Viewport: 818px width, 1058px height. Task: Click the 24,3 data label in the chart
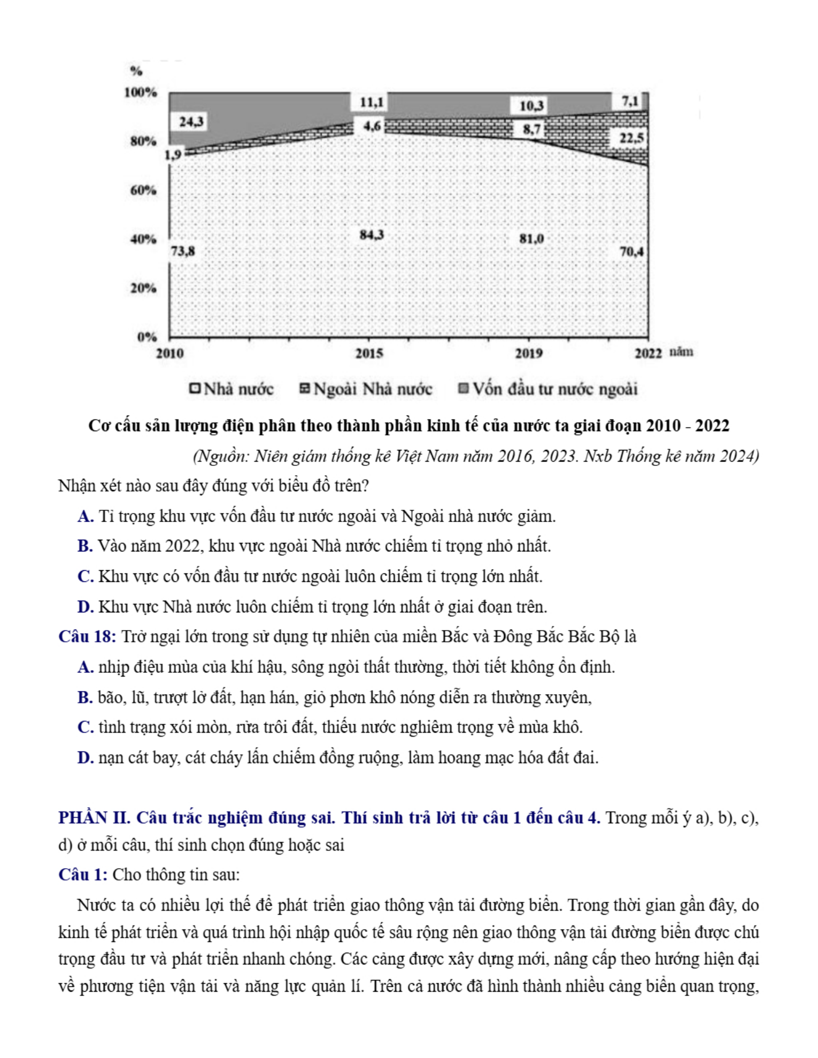(191, 122)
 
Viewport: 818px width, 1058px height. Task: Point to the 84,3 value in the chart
(372, 235)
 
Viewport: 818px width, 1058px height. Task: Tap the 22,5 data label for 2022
(631, 138)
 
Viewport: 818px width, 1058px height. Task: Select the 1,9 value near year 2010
(173, 155)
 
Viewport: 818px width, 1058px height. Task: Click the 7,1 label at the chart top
(630, 101)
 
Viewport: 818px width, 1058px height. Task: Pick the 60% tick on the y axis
(143, 190)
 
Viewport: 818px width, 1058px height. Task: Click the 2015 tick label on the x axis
(369, 353)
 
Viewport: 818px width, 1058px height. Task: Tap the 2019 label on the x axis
(529, 353)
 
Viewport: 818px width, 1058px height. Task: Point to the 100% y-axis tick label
(141, 92)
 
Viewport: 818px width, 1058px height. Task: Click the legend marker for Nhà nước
(195, 388)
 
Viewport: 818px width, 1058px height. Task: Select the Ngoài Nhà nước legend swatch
(305, 388)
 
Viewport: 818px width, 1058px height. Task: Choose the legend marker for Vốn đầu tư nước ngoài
(463, 388)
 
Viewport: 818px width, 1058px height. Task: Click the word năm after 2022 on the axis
(681, 352)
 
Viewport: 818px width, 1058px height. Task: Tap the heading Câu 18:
(87, 637)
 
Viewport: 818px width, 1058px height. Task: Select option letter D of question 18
(85, 758)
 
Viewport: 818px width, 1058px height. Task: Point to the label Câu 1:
(83, 875)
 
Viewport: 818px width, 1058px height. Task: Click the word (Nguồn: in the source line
(221, 456)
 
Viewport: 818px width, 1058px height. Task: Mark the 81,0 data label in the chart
(531, 238)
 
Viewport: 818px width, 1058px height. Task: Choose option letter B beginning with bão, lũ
(85, 697)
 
